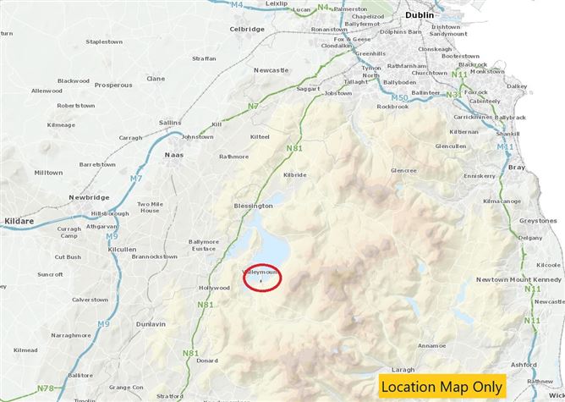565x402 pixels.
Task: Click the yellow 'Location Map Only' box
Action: (441, 386)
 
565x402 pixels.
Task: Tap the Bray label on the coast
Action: (517, 168)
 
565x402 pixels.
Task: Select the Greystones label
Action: (538, 220)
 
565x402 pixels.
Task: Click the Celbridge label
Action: (247, 29)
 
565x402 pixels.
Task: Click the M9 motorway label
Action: (103, 324)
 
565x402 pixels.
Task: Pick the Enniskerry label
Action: (479, 176)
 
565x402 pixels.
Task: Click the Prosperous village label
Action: (113, 85)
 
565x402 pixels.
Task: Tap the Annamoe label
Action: (431, 345)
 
